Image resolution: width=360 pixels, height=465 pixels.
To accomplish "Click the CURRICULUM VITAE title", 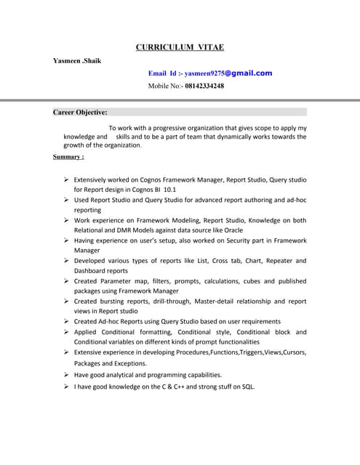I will (x=180, y=47).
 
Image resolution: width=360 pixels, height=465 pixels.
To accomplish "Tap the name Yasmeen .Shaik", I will (x=77, y=60).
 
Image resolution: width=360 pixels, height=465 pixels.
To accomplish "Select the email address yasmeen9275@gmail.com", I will (x=228, y=73).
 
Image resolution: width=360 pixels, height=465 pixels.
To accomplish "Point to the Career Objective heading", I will (x=80, y=112).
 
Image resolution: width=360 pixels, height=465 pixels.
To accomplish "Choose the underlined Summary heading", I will (x=68, y=156).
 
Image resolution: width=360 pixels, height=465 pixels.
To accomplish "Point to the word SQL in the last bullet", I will (x=248, y=387).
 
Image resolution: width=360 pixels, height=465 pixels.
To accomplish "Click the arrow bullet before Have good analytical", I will (x=65, y=375).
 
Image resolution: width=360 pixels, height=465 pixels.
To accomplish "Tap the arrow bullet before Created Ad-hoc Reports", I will (x=65, y=321).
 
